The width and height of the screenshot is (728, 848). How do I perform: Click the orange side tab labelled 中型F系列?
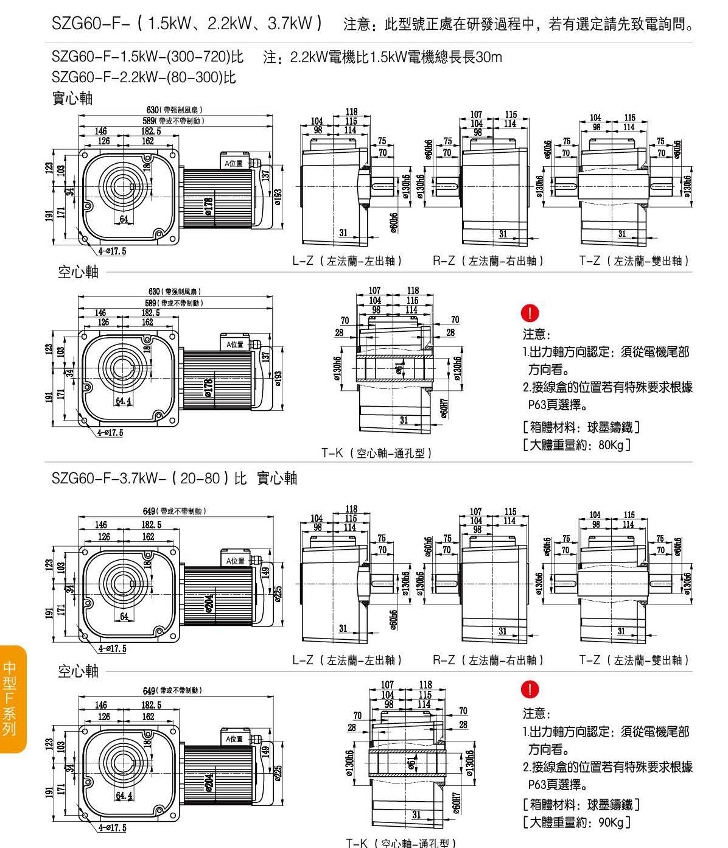coord(12,698)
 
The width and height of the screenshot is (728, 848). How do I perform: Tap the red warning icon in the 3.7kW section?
coord(530,689)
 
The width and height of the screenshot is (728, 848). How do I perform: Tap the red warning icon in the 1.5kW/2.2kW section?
coord(530,314)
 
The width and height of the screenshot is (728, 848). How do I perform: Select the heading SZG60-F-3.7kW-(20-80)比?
coord(149,478)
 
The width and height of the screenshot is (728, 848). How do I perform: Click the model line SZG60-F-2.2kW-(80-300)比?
coord(144,77)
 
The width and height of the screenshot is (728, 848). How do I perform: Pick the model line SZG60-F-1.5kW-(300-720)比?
coord(147,58)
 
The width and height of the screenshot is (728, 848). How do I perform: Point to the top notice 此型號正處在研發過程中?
coord(517,25)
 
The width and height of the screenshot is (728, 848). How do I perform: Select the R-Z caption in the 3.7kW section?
coord(488,660)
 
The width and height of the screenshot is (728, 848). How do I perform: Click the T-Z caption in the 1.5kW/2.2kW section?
coord(634,261)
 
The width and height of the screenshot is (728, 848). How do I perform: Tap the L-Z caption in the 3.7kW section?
coord(347,660)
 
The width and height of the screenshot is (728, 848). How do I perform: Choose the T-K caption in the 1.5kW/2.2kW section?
coord(377,453)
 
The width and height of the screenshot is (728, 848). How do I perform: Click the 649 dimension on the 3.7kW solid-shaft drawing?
coord(149,511)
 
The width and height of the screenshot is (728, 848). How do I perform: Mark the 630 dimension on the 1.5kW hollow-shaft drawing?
coord(153,292)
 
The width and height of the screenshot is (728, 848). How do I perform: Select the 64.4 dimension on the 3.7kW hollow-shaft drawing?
coord(124,795)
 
